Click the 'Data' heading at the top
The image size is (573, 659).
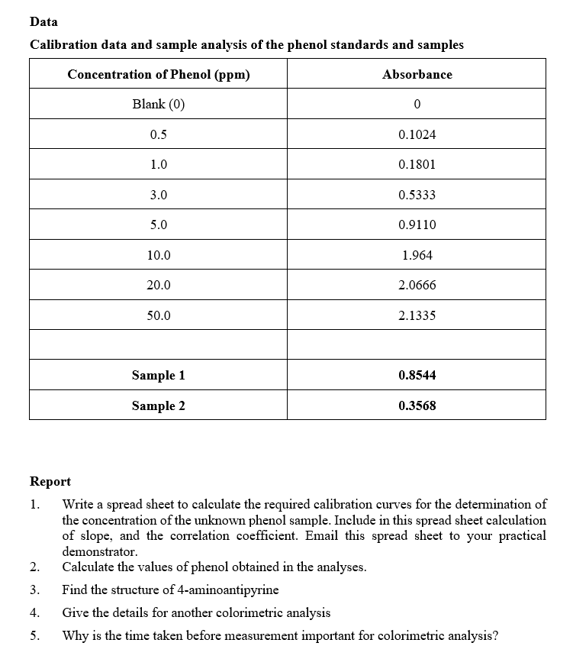43,22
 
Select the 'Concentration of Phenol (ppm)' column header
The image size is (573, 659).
159,75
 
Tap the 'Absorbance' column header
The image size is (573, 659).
417,75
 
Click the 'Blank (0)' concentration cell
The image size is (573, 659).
159,105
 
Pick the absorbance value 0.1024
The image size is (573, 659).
417,135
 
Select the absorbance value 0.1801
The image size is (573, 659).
417,165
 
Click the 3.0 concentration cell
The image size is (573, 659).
159,195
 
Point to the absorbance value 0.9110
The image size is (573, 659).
417,225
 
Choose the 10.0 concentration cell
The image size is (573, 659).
159,256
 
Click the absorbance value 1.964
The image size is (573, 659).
417,256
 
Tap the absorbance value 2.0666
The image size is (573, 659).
417,286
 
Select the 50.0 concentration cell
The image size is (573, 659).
159,315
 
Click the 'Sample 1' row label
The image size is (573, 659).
159,376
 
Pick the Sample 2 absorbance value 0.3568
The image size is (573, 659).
417,406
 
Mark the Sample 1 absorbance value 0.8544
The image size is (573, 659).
417,376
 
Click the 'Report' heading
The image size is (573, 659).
50,482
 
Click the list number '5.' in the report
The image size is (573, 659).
34,635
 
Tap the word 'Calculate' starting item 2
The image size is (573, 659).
89,567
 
